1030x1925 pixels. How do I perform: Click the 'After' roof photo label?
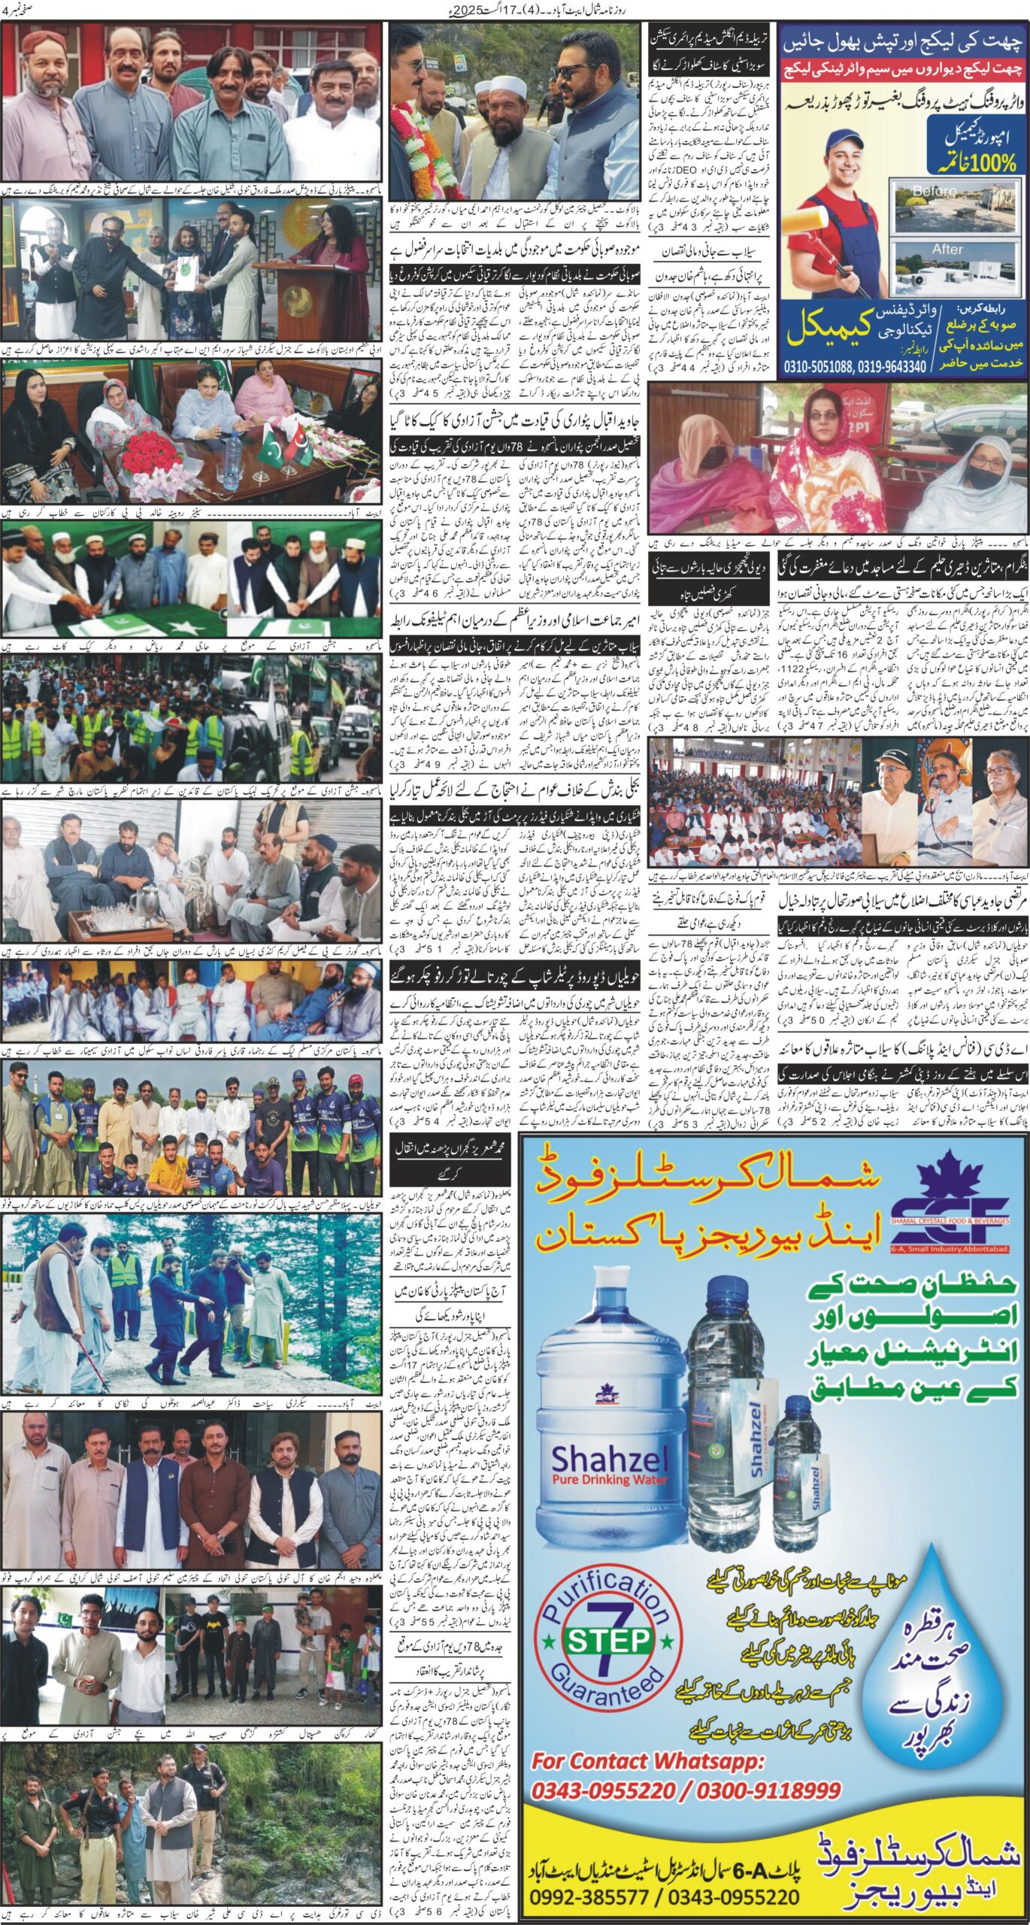pyautogui.click(x=947, y=249)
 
